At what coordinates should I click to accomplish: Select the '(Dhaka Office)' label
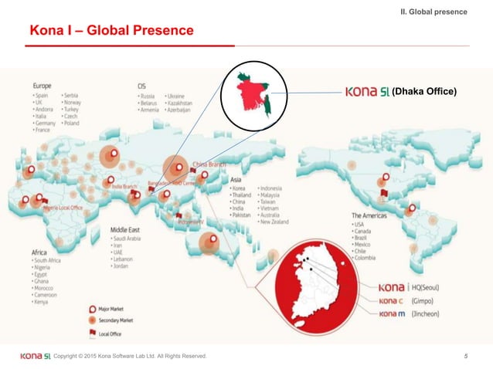[x=424, y=93]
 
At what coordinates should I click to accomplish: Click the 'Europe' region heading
[x=43, y=86]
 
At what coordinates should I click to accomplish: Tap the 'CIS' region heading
[x=142, y=86]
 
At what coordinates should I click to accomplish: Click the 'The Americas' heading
[x=370, y=215]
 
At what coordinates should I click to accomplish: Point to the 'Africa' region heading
[x=40, y=252]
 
